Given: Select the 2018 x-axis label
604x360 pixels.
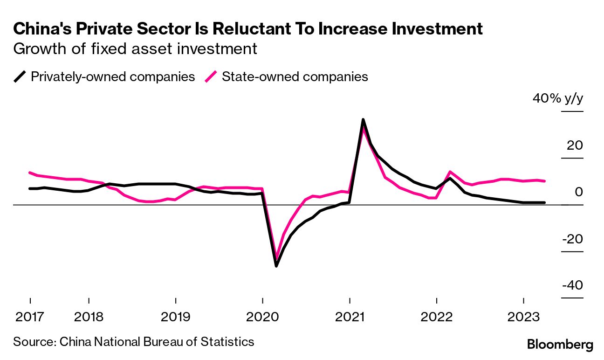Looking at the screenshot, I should point(89,317).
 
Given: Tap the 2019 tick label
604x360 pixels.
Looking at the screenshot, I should point(175,317).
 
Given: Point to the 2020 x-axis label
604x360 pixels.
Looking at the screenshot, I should point(262,317).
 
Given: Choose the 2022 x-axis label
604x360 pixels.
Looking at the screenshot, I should point(436,317).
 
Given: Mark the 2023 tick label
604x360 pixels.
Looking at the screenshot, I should point(523,317).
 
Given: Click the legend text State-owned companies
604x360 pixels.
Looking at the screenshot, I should point(295,76).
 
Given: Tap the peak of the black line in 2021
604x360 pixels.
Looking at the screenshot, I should point(363,120).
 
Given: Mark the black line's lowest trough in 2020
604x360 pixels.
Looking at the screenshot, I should point(276,266).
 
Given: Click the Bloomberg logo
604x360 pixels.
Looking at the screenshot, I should point(560,345).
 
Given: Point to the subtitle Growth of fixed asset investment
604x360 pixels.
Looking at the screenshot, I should point(135,49).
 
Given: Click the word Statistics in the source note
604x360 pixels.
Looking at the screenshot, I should point(227,342).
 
